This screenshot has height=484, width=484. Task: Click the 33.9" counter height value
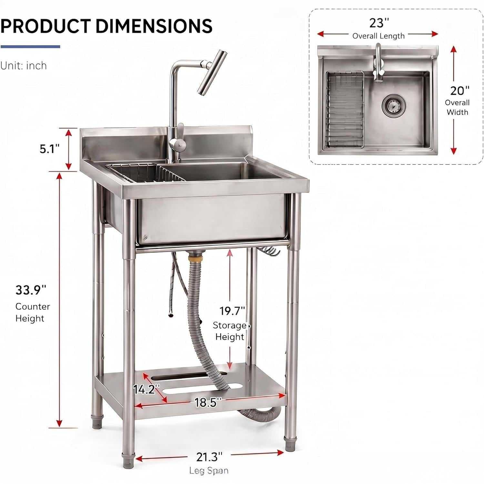click(31, 290)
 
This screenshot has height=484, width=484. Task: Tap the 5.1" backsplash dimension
click(50, 149)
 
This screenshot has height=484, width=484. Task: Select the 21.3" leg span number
click(209, 457)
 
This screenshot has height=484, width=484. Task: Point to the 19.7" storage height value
click(232, 311)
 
